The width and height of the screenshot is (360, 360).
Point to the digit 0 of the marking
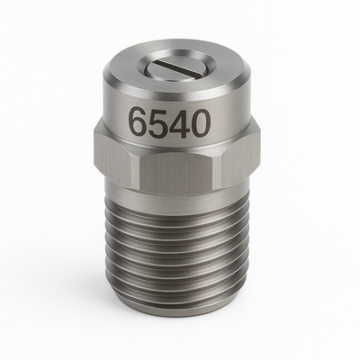198,122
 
